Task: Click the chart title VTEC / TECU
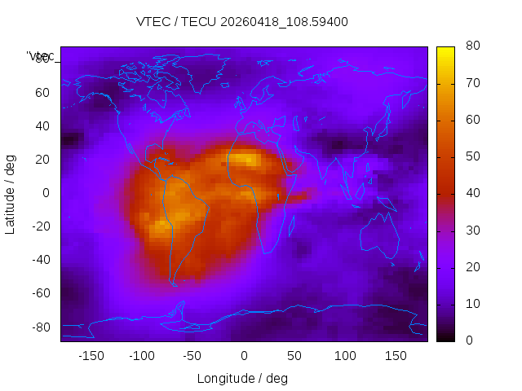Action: click(241, 22)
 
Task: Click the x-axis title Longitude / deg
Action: click(242, 379)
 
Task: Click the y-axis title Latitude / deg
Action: click(11, 193)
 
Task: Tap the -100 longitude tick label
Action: click(142, 356)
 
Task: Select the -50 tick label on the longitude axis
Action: click(192, 356)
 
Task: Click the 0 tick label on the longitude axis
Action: click(244, 356)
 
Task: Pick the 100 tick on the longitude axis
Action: click(345, 356)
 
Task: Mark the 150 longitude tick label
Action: click(396, 356)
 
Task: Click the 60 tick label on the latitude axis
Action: click(42, 92)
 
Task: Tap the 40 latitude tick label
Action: click(42, 126)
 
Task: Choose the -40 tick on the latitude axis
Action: click(40, 260)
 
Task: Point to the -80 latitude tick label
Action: click(40, 327)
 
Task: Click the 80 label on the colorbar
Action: click(472, 46)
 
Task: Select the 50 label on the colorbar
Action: click(472, 156)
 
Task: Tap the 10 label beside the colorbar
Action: click(472, 304)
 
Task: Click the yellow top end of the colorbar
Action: click(445, 51)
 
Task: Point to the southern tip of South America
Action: click(173, 283)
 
